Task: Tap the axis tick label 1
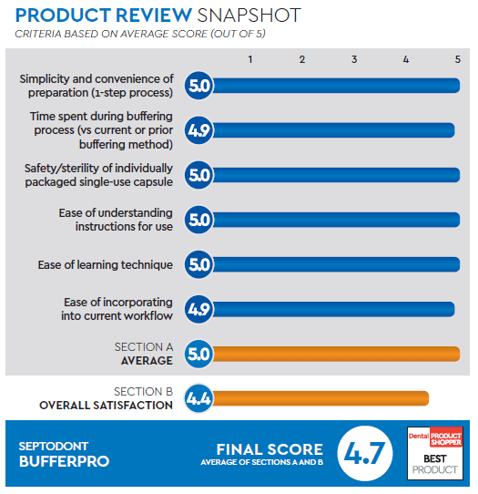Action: point(251,59)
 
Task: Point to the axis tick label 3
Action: point(354,59)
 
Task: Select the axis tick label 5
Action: point(457,59)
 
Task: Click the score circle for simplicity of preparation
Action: point(198,86)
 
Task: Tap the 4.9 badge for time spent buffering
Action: point(198,130)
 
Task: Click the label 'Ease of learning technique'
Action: point(106,265)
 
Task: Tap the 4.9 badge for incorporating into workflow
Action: point(198,309)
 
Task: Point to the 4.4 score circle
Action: point(198,398)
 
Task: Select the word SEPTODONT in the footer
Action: point(56,446)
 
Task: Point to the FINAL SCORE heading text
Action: point(269,449)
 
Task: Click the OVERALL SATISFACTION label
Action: point(106,405)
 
